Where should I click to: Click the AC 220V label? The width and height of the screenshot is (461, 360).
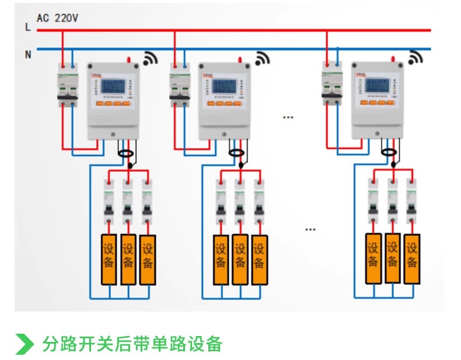click(x=57, y=18)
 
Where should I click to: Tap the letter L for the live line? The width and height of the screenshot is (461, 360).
click(x=27, y=27)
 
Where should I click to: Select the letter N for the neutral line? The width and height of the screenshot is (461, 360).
click(x=27, y=54)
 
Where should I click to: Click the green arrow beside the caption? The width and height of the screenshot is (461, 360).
click(x=24, y=344)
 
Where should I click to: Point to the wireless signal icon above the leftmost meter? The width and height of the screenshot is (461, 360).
click(x=151, y=58)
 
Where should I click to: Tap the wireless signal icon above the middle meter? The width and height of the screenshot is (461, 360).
click(x=262, y=58)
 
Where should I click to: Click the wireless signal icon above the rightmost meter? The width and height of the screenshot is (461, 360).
click(x=415, y=58)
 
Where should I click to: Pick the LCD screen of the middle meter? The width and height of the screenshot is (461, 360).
click(x=225, y=86)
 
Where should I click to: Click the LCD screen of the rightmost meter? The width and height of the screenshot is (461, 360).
click(x=378, y=86)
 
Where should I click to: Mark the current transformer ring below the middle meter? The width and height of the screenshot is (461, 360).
click(x=236, y=153)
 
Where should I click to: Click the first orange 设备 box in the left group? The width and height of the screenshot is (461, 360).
click(x=109, y=260)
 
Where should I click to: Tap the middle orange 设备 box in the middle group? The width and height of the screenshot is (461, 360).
click(x=240, y=260)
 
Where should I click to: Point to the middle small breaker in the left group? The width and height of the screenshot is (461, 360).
click(x=127, y=201)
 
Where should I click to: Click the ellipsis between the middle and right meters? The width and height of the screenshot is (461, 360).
click(x=288, y=117)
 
